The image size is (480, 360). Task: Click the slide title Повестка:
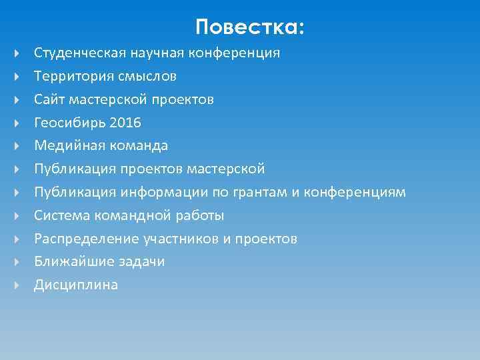coord(250,27)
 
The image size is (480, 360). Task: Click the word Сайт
coord(47,99)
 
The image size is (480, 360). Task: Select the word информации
coord(160,192)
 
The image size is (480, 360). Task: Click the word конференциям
coord(355,192)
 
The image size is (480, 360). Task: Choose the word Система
coord(60,215)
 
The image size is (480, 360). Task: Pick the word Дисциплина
coord(76,285)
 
